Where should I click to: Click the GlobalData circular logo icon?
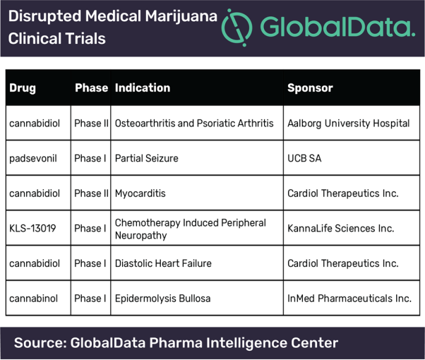(x=237, y=28)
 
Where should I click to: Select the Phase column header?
(x=91, y=88)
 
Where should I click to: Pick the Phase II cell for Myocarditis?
(x=91, y=193)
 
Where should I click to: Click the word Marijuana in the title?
(x=181, y=16)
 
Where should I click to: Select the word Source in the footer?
(x=40, y=342)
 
